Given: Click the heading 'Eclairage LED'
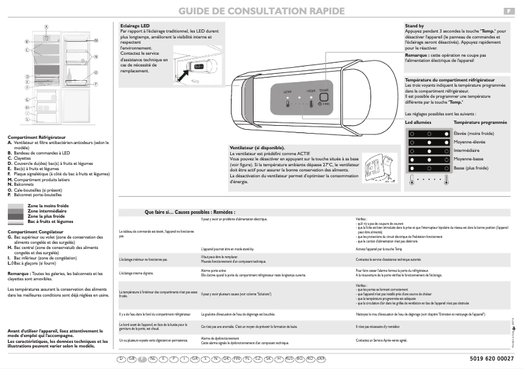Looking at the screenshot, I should coord(136,25).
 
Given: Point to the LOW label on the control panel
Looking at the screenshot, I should coord(288,93).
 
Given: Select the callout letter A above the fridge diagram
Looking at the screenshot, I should coord(47,25).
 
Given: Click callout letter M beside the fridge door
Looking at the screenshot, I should coord(96,40).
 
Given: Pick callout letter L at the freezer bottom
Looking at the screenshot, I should coord(27,119).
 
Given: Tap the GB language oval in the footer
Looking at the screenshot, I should coord(131,359).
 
